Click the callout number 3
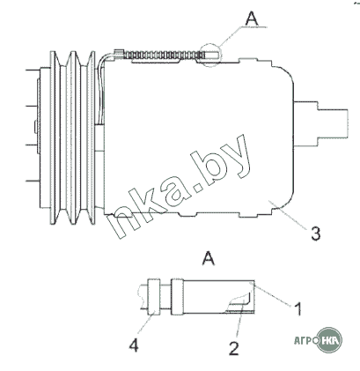click(316, 234)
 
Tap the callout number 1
click(298, 308)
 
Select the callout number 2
click(233, 349)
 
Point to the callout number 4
click(134, 345)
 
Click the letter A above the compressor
click(252, 19)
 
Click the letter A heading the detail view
click(209, 258)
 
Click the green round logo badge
click(330, 340)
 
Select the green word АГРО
click(306, 341)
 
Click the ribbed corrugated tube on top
click(165, 55)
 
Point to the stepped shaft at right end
click(320, 123)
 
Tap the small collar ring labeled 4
click(154, 296)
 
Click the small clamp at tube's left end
click(119, 55)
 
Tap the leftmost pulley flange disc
click(53, 137)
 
